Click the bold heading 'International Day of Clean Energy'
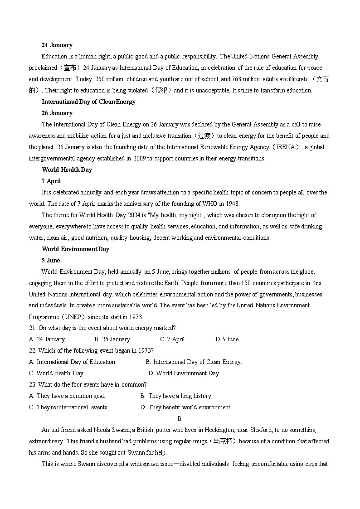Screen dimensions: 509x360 (88, 102)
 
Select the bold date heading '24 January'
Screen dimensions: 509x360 (57, 45)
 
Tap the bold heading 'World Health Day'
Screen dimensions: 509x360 (67, 170)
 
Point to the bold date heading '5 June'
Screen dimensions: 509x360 (51, 261)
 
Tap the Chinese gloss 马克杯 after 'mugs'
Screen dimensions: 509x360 (223, 441)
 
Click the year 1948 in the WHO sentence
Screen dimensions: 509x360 (232, 204)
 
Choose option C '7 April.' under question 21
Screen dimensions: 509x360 (173, 339)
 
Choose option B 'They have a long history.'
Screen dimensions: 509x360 (176, 396)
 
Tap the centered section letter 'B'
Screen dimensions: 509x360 (179, 419)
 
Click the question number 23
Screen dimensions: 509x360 (32, 385)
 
